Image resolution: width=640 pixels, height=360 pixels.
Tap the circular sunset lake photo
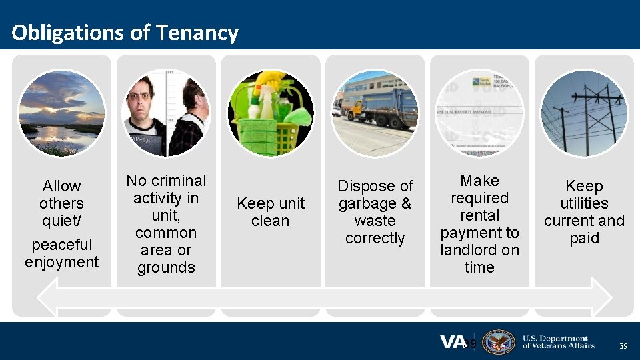tap(61, 113)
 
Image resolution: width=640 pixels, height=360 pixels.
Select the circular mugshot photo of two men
tap(166, 113)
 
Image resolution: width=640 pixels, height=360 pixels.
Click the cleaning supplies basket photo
tap(270, 113)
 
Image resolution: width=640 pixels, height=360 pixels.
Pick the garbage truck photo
tap(375, 113)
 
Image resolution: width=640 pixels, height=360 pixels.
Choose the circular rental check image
tap(479, 113)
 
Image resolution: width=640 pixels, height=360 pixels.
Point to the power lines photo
tap(584, 113)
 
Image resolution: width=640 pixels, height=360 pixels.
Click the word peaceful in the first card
tap(61, 245)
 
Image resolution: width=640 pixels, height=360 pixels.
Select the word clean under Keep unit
tap(270, 221)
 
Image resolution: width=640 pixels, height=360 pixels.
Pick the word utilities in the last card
tap(584, 203)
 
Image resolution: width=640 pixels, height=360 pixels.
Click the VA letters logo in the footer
tap(453, 342)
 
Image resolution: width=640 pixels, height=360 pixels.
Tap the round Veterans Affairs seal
tap(498, 342)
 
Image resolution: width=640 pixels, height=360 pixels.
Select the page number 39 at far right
tap(623, 346)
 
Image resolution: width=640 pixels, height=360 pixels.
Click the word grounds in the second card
tap(166, 267)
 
